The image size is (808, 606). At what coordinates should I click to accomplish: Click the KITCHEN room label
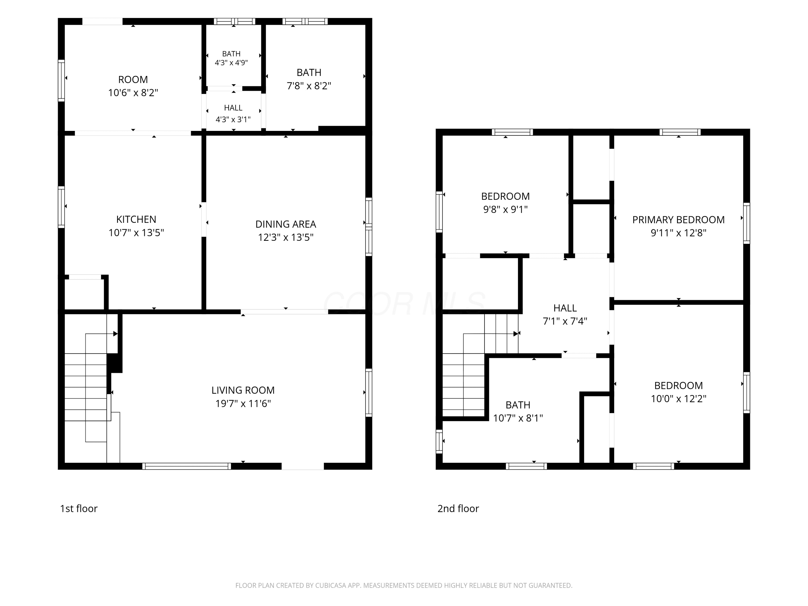[136, 219]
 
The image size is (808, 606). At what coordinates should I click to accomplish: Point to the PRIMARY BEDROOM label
[678, 220]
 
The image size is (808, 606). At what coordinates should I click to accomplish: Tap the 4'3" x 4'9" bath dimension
[231, 62]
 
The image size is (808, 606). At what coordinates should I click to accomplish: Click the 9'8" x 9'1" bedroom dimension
[506, 209]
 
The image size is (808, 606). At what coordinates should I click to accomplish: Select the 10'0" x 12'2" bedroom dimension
[678, 399]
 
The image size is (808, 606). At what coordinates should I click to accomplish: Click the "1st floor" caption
[79, 509]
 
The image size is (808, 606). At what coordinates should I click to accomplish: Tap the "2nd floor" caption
[458, 509]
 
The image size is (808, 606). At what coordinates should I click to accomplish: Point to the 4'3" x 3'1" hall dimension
[233, 119]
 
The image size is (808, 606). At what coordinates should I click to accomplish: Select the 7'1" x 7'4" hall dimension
[565, 321]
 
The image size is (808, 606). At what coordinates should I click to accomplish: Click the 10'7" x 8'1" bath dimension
[518, 418]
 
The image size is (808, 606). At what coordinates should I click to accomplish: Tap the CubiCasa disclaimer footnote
[404, 586]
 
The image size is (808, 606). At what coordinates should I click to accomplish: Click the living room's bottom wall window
[186, 466]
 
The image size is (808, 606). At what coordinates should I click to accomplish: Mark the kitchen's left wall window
[61, 207]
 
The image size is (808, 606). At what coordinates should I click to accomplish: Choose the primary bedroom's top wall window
[680, 132]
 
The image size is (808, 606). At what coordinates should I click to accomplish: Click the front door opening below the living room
[302, 466]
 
